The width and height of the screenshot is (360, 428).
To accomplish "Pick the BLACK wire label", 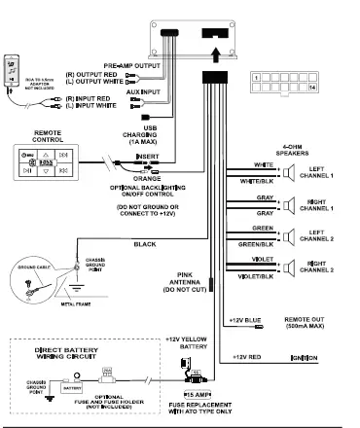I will pos(145,244).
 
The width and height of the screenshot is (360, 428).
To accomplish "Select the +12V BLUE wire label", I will pos(244,320).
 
